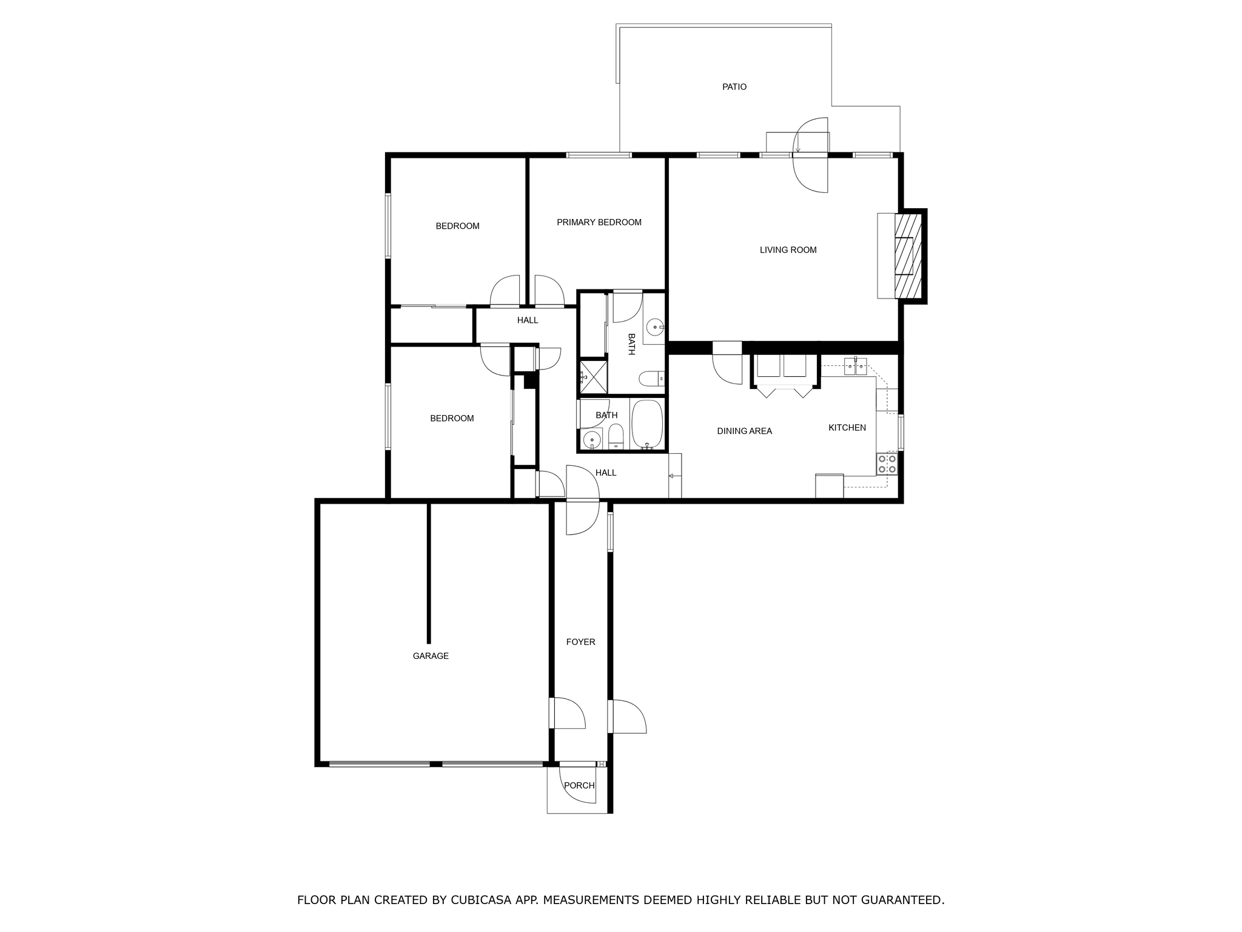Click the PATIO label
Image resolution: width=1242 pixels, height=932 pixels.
[x=734, y=87]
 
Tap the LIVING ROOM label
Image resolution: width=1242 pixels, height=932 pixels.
[x=788, y=250]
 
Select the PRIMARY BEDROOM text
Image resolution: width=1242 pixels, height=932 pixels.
[x=599, y=222]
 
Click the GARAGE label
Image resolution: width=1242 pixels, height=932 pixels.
[x=431, y=656]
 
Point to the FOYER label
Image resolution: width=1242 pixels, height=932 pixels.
[x=580, y=642]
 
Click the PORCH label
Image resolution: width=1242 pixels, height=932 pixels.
[x=579, y=785]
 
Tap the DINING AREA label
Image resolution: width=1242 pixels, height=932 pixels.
[x=744, y=431]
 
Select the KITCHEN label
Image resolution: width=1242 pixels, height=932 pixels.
[x=847, y=428]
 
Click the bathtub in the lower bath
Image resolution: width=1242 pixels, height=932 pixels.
[x=647, y=424]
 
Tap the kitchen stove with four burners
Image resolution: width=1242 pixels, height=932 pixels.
[x=887, y=464]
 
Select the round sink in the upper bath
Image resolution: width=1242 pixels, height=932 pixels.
[x=655, y=328]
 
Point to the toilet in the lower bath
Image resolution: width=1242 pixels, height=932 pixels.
[x=616, y=436]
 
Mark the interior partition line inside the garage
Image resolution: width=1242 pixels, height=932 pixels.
[x=429, y=572]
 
